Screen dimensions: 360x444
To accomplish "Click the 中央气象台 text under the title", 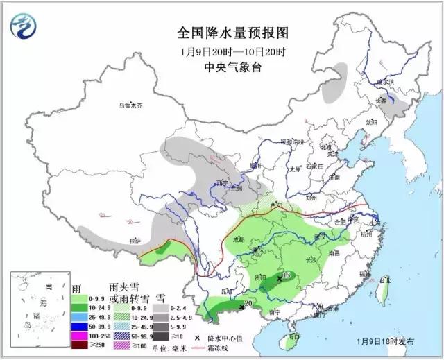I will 223,67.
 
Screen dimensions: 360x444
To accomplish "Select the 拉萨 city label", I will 135,241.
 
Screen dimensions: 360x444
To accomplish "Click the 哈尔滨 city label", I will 384,82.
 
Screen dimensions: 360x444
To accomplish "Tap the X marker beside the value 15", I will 280,278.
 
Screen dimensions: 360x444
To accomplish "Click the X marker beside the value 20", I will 241,306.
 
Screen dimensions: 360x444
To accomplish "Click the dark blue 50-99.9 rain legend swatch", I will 82,325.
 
